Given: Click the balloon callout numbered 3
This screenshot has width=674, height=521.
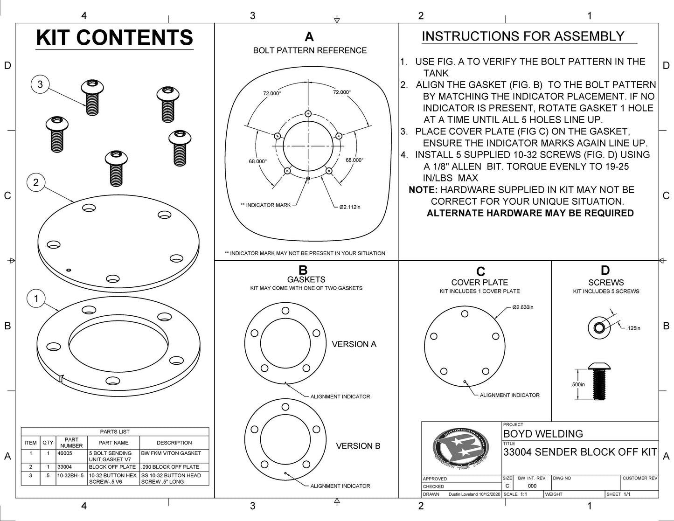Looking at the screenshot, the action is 40,84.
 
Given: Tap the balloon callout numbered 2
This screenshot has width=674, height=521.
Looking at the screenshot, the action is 36,182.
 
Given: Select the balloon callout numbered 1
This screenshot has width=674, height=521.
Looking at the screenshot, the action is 36,299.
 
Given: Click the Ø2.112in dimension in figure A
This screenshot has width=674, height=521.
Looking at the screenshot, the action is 350,207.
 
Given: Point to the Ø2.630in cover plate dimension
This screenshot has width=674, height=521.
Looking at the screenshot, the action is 523,307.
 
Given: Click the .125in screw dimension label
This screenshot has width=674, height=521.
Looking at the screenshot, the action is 633,328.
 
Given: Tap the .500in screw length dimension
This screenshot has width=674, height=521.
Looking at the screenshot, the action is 577,384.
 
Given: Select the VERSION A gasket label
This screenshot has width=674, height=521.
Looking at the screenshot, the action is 354,344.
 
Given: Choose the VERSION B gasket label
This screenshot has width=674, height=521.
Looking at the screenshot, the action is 358,446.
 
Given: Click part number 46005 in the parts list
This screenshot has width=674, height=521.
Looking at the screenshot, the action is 65,453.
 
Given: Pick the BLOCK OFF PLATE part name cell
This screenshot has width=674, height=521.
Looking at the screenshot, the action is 112,467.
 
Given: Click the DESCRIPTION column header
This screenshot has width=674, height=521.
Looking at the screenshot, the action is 174,443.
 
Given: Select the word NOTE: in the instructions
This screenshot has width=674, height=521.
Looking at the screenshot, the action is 423,190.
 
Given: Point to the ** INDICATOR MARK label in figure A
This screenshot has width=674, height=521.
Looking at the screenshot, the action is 265,205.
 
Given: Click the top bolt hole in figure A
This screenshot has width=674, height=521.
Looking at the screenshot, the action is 308,113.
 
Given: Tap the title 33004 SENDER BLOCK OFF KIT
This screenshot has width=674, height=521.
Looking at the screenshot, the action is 580,452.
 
